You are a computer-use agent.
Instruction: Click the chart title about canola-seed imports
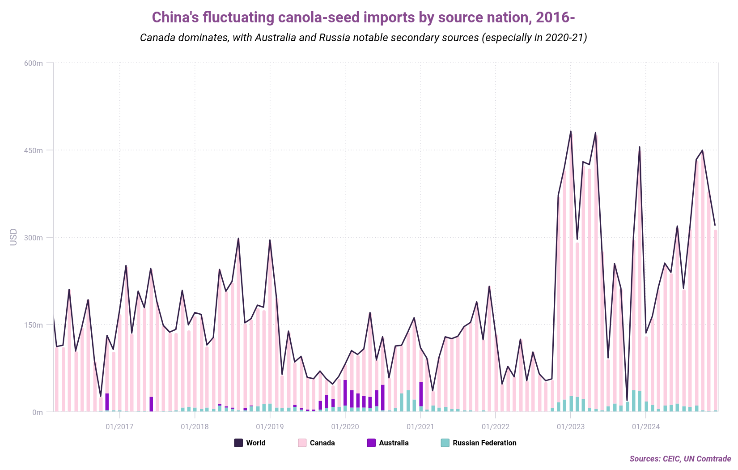click(x=363, y=17)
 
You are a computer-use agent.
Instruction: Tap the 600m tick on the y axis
click(x=34, y=63)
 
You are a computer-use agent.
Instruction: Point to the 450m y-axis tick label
click(x=34, y=150)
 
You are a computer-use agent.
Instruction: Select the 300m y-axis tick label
click(x=34, y=238)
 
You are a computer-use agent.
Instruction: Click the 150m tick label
click(x=34, y=325)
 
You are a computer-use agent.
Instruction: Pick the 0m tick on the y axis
click(x=37, y=412)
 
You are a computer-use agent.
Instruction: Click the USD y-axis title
click(x=13, y=237)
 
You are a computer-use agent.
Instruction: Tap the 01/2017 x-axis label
click(x=119, y=427)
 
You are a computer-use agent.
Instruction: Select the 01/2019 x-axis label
click(x=270, y=427)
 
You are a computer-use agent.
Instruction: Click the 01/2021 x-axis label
click(x=420, y=427)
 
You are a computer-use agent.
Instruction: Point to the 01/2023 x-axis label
click(x=570, y=427)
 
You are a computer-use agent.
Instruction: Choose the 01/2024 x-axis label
click(x=645, y=427)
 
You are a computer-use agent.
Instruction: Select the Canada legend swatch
click(x=302, y=443)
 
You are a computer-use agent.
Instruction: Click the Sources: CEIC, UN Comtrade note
click(x=680, y=459)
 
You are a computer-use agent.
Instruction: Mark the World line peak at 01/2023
click(x=571, y=131)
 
